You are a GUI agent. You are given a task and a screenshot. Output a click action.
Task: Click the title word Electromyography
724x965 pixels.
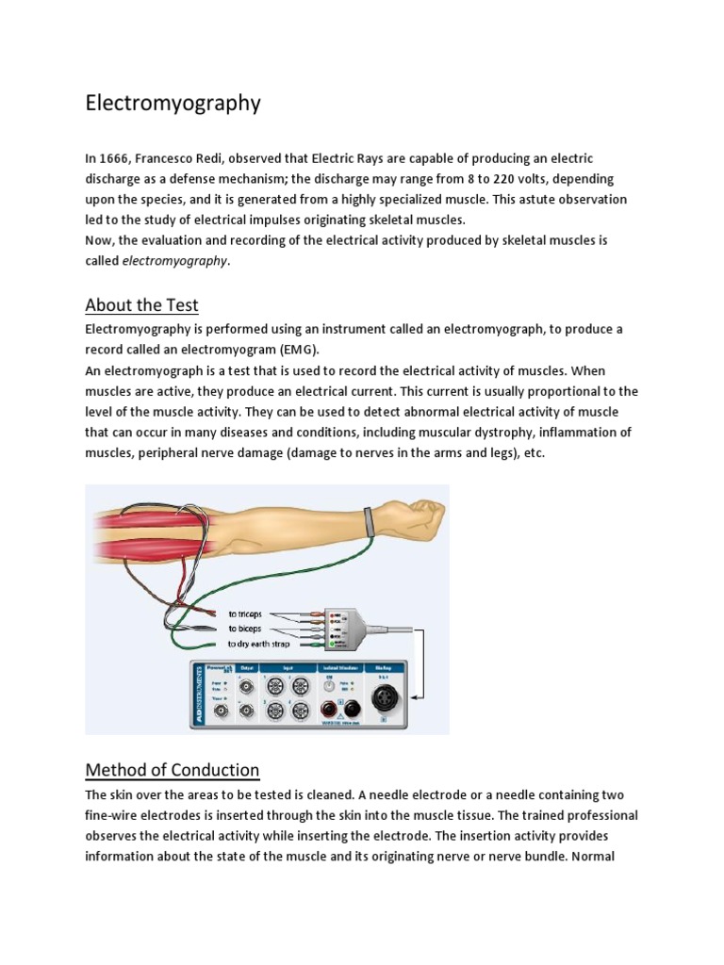pyautogui.click(x=173, y=103)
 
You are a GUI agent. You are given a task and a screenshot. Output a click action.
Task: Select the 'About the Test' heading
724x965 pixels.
pyautogui.click(x=141, y=304)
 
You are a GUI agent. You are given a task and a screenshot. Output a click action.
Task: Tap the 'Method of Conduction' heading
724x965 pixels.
pyautogui.click(x=172, y=769)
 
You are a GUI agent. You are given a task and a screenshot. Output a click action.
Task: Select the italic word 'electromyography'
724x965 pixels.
pyautogui.click(x=175, y=261)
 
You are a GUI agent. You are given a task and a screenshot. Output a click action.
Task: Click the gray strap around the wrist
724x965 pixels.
pyautogui.click(x=369, y=520)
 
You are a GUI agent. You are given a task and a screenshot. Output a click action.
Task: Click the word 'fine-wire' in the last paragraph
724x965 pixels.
pyautogui.click(x=112, y=815)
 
